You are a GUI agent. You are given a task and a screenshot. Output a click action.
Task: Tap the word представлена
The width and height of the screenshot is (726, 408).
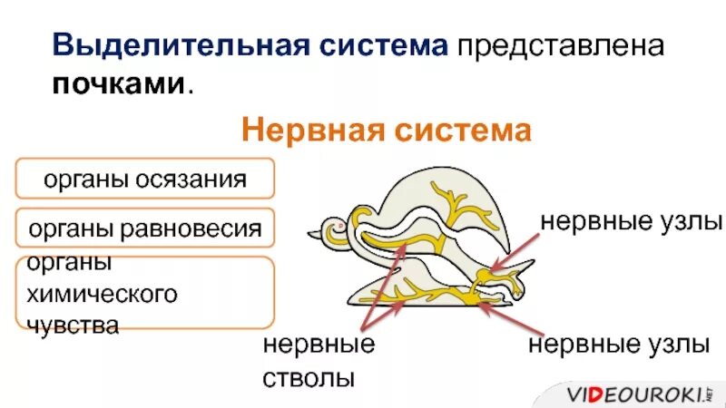(562, 46)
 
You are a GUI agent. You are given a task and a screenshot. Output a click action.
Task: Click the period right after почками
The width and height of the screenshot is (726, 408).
(191, 88)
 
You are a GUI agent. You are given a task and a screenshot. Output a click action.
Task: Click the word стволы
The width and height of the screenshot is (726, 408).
(308, 376)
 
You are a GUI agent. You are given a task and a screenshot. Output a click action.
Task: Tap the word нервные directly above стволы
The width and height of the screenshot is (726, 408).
(319, 345)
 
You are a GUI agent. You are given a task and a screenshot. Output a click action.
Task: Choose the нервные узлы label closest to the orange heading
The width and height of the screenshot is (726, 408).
(632, 222)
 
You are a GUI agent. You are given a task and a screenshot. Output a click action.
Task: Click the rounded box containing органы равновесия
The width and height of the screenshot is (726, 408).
(144, 228)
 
